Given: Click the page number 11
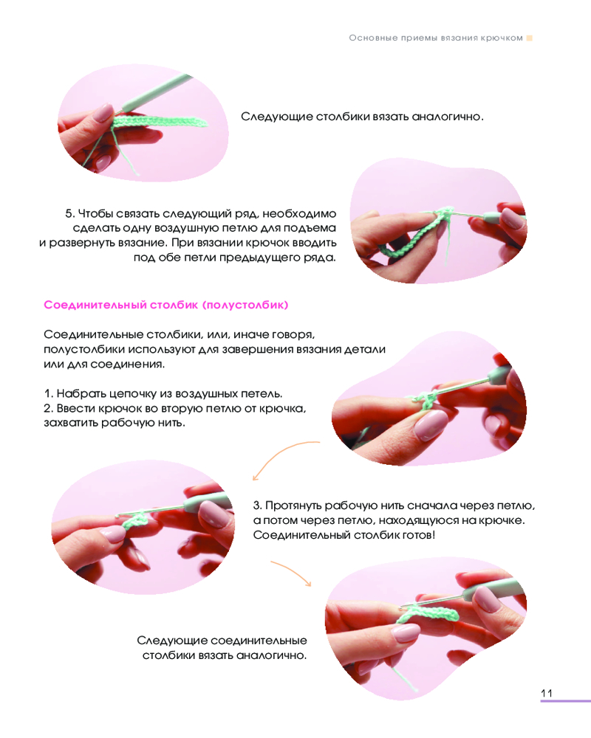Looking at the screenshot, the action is (546, 693).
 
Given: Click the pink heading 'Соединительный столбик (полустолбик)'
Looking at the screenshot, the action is (166, 305).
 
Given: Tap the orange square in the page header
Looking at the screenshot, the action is (529, 38).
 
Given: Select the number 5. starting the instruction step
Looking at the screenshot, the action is (69, 214).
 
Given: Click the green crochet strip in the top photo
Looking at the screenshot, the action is (160, 122).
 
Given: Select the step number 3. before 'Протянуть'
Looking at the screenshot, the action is (257, 506).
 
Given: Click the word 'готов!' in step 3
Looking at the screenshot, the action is (419, 535).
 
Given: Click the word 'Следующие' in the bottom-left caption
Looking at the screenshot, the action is (171, 641).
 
